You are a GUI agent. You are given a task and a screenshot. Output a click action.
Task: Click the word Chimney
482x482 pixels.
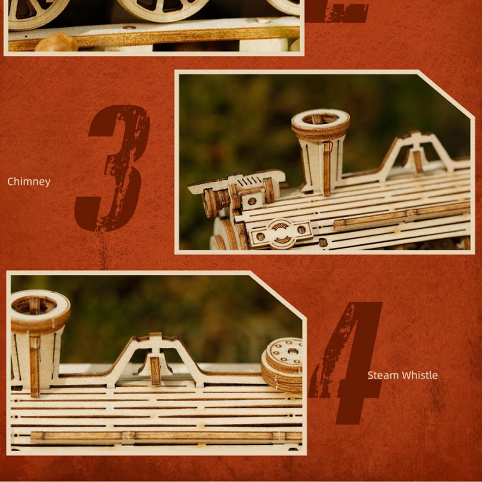pos(29,182)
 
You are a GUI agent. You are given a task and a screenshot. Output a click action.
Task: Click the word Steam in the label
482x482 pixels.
pos(382,375)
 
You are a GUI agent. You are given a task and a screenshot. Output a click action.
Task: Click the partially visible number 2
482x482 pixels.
pos(337,12)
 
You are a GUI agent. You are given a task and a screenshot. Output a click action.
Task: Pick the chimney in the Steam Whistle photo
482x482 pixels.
pos(37,339)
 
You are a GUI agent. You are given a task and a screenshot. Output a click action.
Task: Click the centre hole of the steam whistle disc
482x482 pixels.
pos(293,351)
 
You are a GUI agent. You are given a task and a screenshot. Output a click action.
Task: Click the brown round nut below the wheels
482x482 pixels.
pos(56,43)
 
